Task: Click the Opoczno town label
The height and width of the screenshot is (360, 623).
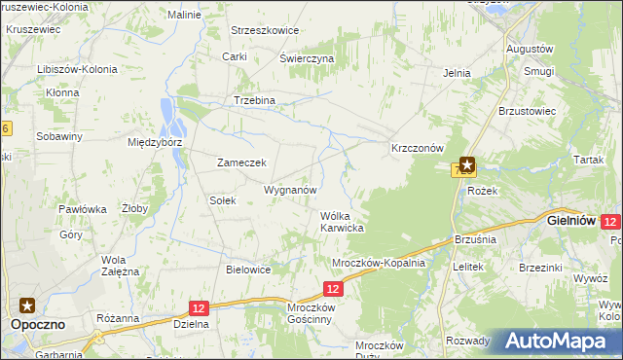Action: (38, 325)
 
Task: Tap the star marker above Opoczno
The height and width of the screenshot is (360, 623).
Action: (27, 305)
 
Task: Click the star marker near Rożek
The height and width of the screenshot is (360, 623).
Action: (467, 165)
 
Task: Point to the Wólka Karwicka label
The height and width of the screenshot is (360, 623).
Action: (342, 222)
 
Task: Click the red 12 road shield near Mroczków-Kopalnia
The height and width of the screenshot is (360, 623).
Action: (333, 288)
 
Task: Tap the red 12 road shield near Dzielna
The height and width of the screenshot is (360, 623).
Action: (199, 307)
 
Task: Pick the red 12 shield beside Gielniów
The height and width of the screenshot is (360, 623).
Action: (610, 222)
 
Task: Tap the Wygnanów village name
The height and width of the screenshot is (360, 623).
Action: (290, 190)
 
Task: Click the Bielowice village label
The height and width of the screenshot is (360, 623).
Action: (247, 270)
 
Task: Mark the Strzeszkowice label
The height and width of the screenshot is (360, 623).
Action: (264, 30)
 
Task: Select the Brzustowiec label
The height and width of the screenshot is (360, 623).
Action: (527, 111)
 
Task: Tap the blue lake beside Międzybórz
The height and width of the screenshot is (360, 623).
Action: (174, 116)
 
